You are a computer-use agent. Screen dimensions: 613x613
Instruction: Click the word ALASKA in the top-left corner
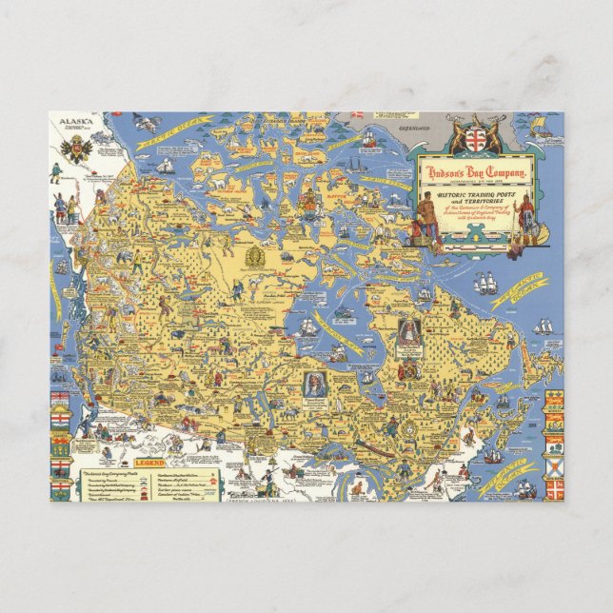click(x=71, y=123)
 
